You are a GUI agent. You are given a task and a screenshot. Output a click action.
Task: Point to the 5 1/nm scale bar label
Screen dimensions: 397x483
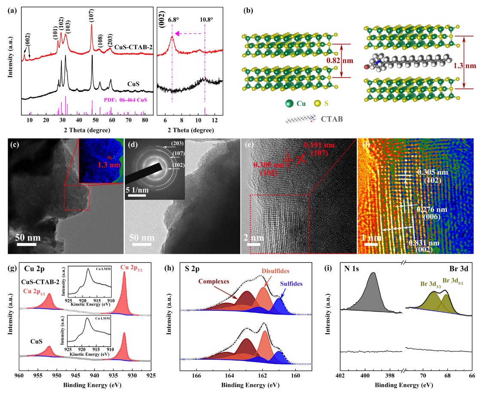tap(138, 190)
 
